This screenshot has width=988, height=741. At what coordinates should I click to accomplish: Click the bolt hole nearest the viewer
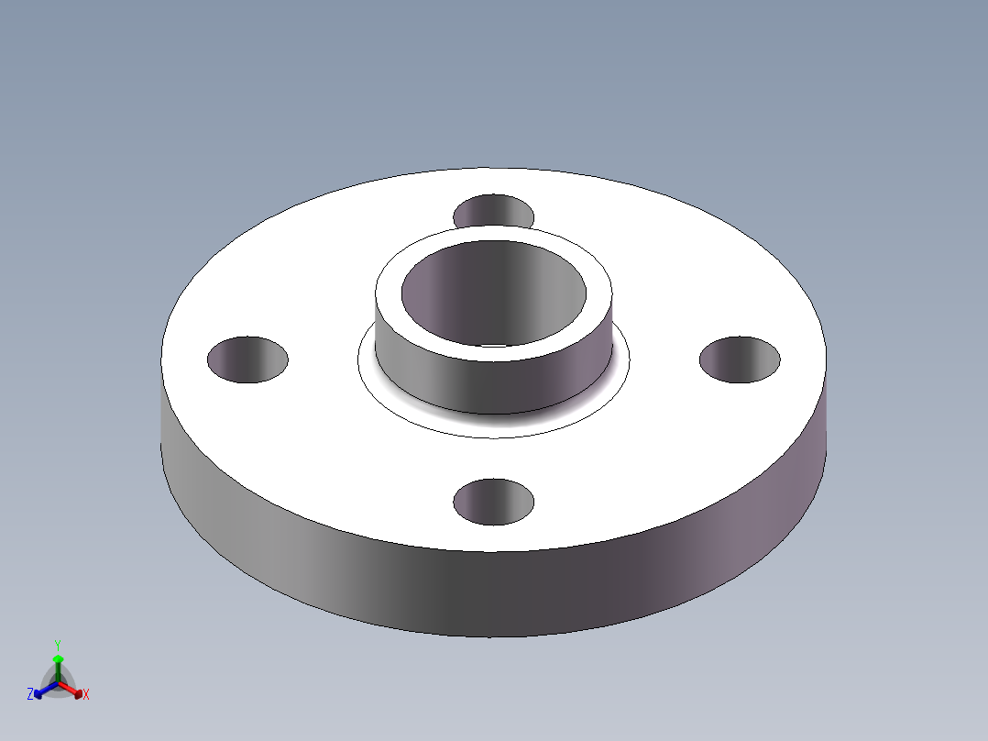point(494,502)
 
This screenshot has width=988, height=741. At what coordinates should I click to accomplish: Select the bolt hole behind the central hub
point(494,210)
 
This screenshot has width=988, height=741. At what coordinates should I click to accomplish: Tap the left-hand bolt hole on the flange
point(247,359)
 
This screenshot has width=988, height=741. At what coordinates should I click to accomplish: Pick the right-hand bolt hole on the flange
point(740,359)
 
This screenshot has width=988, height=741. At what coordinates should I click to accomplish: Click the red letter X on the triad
point(86,695)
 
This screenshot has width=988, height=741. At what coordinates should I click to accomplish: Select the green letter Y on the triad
point(57,645)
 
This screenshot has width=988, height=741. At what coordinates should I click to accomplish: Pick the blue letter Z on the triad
point(30,695)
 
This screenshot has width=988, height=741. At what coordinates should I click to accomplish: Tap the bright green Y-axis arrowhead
point(57,658)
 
